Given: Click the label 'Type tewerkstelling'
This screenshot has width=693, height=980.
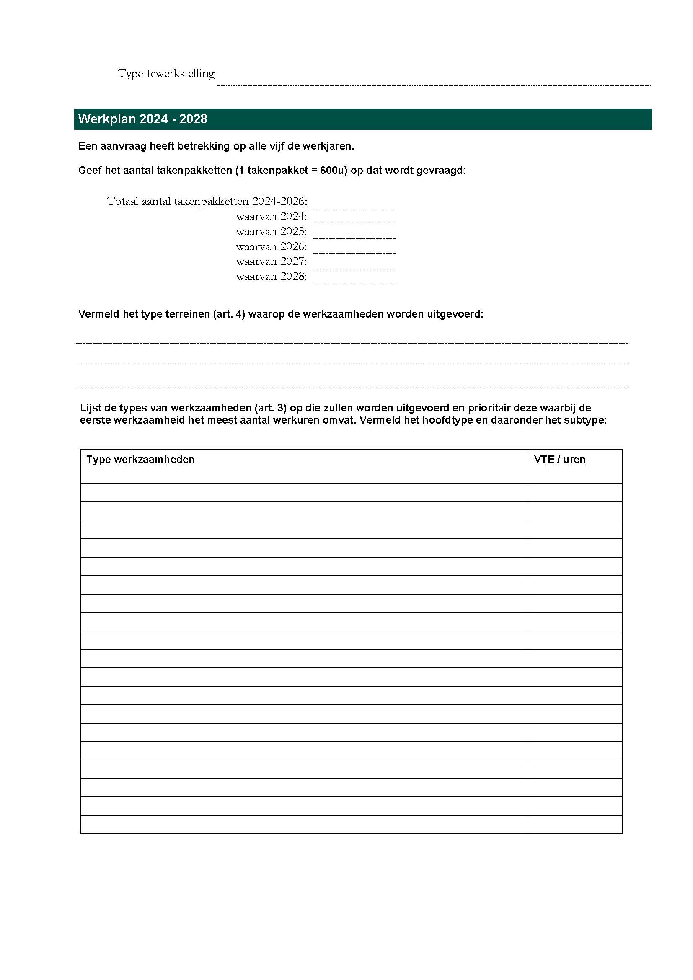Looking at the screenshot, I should [166, 74].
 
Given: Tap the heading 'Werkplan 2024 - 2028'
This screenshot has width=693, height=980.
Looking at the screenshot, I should [142, 119].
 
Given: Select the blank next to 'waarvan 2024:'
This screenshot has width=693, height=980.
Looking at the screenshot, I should [354, 219].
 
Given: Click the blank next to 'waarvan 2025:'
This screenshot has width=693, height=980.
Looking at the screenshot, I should [354, 233].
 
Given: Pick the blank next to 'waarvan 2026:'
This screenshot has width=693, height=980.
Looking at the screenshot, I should [354, 248].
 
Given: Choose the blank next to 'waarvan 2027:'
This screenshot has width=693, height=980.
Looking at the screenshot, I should [354, 264].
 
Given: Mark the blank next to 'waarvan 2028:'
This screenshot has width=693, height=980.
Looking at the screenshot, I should [354, 278].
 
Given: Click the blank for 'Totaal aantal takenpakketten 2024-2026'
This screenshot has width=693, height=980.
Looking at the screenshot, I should [354, 203].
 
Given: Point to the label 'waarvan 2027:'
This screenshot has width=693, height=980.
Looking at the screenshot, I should [271, 261].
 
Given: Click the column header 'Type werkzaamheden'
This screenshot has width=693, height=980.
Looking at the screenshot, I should [140, 460].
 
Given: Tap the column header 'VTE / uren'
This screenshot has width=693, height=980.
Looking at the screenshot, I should [559, 460].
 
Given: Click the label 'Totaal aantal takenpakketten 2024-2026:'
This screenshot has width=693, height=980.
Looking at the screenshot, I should [207, 202].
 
